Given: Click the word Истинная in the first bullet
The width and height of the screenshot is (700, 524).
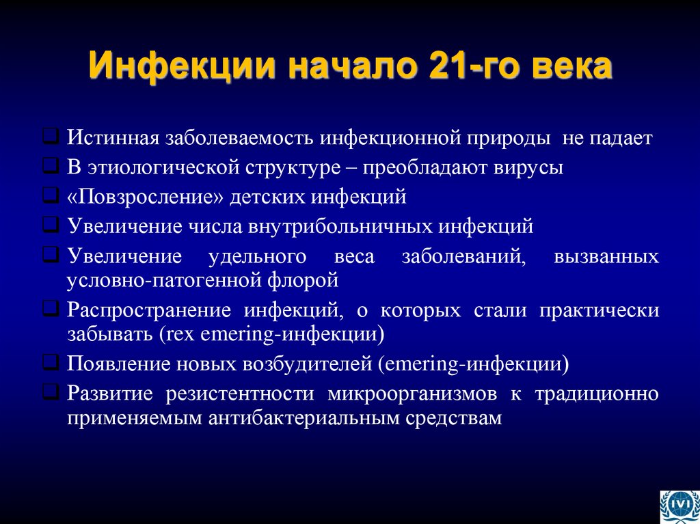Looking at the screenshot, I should click(112, 139).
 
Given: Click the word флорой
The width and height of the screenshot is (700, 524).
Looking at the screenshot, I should click(307, 279).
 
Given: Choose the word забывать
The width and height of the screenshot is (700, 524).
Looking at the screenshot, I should click(111, 335).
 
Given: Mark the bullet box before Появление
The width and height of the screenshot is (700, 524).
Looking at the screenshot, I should click(51, 363).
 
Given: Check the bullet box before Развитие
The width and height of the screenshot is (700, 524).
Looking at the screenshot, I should click(51, 393).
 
